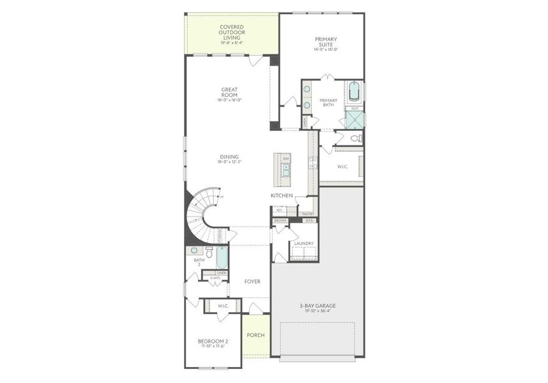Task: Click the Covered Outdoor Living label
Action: (232, 32)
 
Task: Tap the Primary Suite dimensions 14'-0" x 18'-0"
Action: (326, 49)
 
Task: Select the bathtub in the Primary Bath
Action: (355, 93)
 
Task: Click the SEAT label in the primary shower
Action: (355, 109)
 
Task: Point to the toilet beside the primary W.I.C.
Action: (356, 138)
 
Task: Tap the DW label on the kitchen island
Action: (286, 159)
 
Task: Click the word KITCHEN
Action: (282, 195)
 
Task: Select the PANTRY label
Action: (308, 214)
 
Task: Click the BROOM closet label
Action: (280, 220)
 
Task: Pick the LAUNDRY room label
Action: (303, 243)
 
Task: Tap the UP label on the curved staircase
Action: (221, 197)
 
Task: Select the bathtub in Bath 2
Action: (222, 257)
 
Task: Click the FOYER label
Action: (252, 282)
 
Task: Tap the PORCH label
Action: (255, 335)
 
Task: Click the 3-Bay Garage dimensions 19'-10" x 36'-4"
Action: (317, 312)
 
